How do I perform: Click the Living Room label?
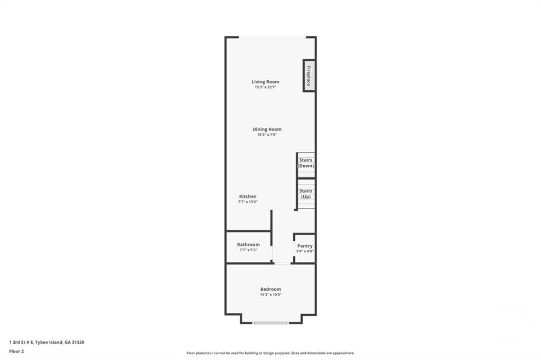click(265, 82)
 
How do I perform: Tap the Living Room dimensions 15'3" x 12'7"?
click(265, 87)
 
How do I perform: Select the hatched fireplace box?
click(309, 75)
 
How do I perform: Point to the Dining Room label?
click(267, 129)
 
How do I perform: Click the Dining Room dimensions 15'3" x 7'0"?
click(267, 135)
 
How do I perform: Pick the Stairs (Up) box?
click(306, 194)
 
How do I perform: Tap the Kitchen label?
click(248, 196)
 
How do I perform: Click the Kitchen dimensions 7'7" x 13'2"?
click(248, 202)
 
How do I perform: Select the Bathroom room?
click(248, 247)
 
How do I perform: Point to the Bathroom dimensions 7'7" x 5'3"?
click(248, 250)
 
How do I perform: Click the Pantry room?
click(305, 248)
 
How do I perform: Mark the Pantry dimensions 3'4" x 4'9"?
click(305, 251)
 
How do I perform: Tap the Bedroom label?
click(270, 289)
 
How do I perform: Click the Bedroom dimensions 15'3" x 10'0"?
click(270, 295)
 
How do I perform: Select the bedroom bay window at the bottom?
click(270, 323)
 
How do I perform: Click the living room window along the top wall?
click(272, 37)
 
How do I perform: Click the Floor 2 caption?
click(17, 351)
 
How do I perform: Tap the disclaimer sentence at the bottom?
click(270, 353)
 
